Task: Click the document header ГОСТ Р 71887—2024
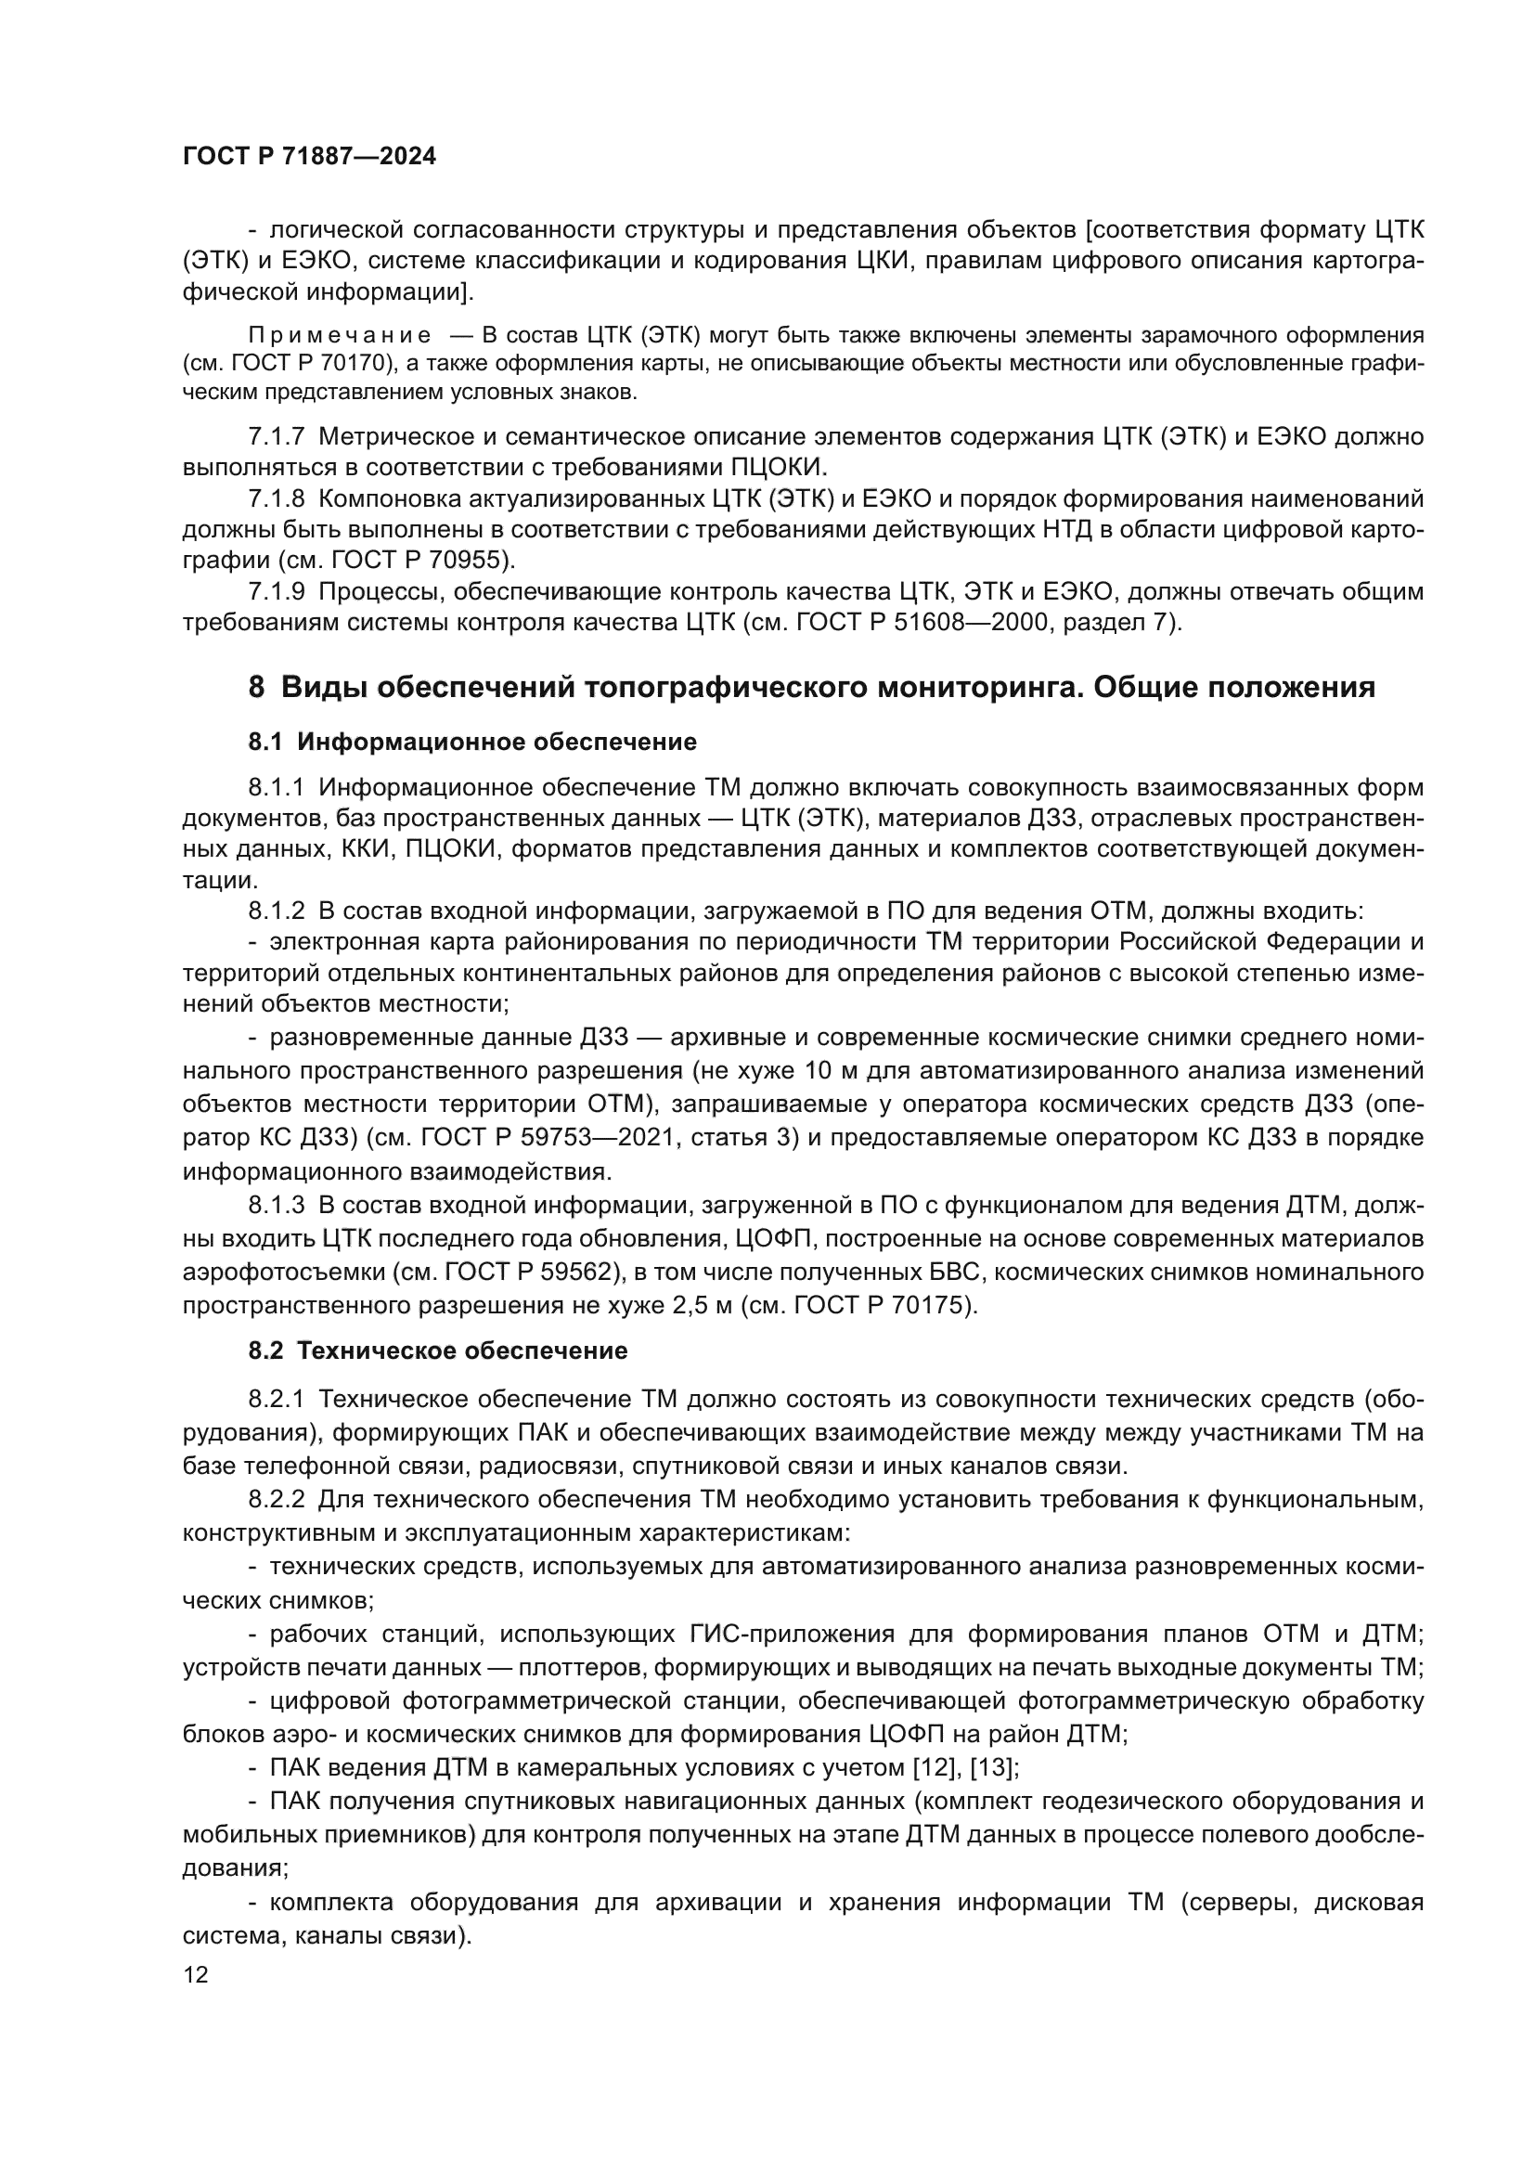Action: point(309,157)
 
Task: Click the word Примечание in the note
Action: point(340,336)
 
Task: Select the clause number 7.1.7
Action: point(276,437)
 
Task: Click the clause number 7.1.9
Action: point(276,592)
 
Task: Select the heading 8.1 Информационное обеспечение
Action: point(471,743)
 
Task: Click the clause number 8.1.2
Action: point(276,911)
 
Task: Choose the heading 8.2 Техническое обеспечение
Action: point(438,1350)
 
